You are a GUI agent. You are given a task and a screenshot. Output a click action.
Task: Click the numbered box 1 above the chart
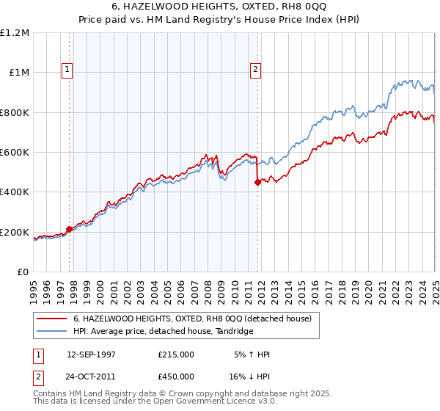(x=67, y=70)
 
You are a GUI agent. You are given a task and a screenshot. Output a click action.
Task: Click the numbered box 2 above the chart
(x=255, y=70)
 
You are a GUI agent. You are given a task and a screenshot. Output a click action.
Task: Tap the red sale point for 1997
(x=70, y=229)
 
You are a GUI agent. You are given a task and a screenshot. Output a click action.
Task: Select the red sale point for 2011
(x=258, y=183)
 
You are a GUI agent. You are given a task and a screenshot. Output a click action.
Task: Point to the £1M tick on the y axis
(x=19, y=73)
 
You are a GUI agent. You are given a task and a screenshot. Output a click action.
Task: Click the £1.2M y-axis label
(x=15, y=33)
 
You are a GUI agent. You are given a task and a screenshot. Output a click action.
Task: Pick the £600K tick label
(x=15, y=153)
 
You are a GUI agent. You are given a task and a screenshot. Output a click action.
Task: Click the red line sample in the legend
(x=53, y=319)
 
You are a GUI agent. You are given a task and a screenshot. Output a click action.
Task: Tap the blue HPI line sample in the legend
(x=53, y=332)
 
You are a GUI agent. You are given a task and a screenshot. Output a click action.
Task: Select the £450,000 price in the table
(x=176, y=377)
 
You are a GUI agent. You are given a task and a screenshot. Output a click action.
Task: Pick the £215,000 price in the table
(x=176, y=354)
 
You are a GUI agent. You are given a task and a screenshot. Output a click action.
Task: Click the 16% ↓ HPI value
(x=249, y=377)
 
